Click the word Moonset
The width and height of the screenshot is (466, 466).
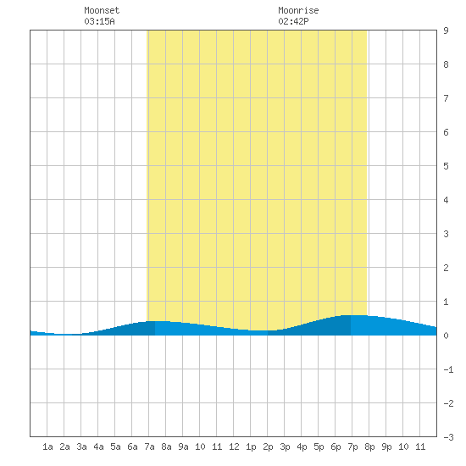pos(102,10)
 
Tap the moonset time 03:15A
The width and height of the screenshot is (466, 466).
pos(99,21)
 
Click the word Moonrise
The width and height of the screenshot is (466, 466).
pos(298,10)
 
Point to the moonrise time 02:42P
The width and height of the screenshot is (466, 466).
pos(293,21)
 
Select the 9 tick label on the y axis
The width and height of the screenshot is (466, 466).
pos(446,31)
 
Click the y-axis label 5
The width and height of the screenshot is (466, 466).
pos(446,166)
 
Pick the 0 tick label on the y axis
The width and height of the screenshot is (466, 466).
pos(446,336)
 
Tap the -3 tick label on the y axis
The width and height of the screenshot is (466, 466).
pos(448,437)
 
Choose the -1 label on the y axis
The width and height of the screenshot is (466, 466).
pos(448,369)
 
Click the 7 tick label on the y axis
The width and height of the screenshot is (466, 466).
pos(446,98)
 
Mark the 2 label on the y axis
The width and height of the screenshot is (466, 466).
pos(446,268)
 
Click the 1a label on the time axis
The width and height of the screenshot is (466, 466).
pos(47,447)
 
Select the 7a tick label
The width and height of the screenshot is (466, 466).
pos(149,447)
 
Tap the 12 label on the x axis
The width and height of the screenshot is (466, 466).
pos(234,447)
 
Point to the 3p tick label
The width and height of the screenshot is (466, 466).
pos(285,447)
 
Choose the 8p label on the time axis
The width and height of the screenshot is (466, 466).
pos(369,447)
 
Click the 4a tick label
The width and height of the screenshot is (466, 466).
pos(98,447)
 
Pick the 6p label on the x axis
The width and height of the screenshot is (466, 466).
pos(336,447)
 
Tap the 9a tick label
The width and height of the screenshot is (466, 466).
pos(183,447)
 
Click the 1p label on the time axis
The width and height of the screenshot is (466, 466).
pos(251,447)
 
